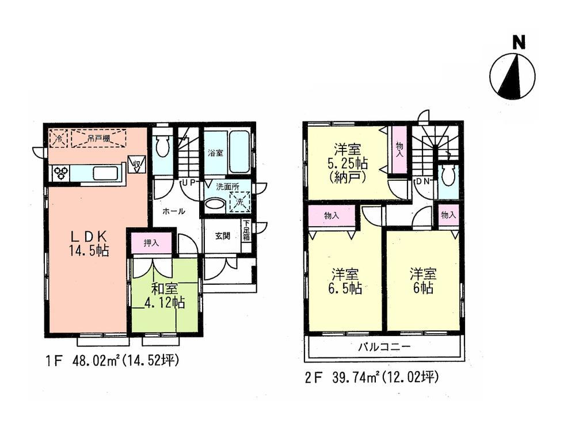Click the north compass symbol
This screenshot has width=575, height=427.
coord(512,75)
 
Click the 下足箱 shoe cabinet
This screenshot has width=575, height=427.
coord(246,230)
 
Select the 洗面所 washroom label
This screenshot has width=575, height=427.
coord(227,186)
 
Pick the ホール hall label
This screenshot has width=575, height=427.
coord(173,211)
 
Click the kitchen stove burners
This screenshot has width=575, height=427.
coord(62,173)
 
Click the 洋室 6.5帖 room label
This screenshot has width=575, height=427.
coord(346,281)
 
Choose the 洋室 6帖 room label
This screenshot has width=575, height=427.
coord(423,280)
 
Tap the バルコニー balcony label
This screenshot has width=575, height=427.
coord(384,347)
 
